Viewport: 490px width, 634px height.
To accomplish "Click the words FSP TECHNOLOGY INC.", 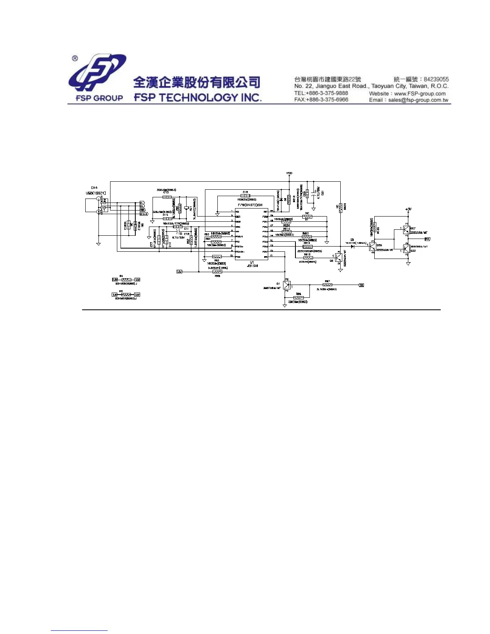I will coord(198,98).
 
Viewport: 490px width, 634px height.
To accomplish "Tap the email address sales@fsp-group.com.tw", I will coord(418,100).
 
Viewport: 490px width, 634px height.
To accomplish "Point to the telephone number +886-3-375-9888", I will coord(327,93).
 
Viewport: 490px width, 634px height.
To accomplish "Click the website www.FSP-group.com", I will coord(420,93).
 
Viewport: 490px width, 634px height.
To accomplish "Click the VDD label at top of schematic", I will coord(289,173).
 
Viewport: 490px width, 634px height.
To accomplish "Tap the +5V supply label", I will coord(408,209).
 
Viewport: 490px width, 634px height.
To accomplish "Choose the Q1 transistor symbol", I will coord(286,285).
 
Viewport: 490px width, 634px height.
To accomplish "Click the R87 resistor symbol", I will coord(327,285).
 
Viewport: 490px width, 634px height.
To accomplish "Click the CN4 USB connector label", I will coord(94,188).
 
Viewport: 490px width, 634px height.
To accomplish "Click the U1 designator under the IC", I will coord(252,262).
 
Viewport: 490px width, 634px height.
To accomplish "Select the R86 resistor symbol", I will coord(298,297).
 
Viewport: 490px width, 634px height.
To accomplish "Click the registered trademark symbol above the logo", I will coord(75,58).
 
